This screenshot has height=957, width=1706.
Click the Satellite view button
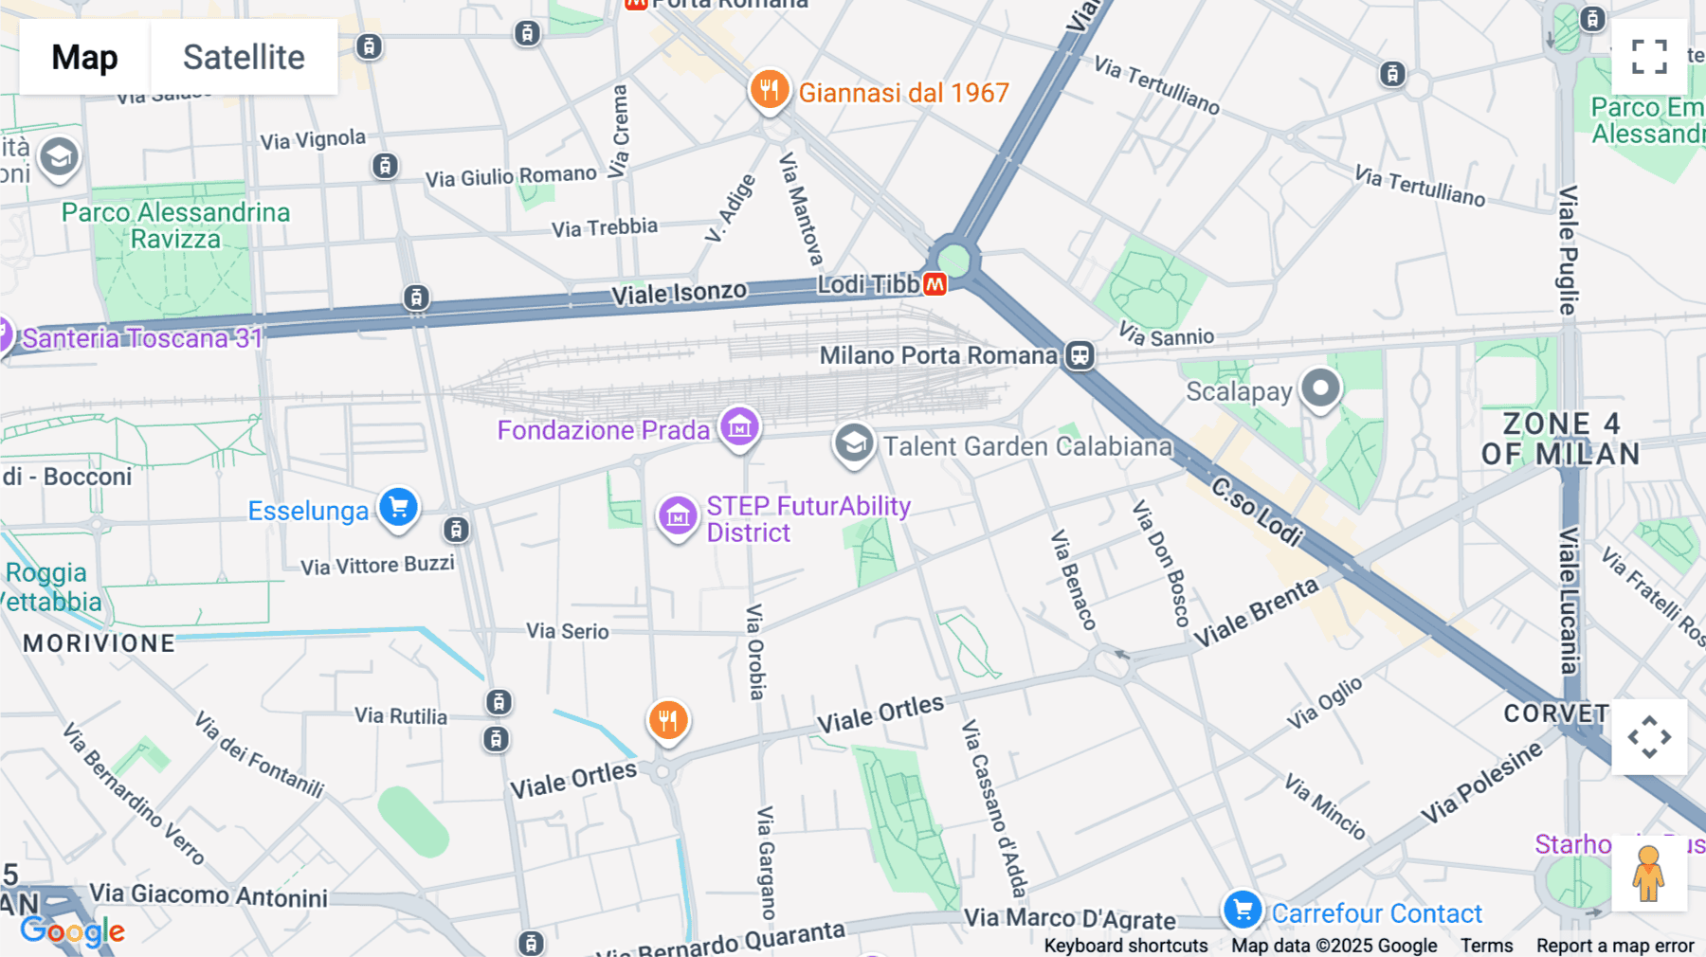pos(244,57)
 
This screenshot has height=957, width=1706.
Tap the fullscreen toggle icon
pos(1649,57)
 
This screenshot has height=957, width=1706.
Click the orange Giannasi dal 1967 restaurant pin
pos(770,90)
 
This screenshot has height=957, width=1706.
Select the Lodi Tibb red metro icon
pos(935,284)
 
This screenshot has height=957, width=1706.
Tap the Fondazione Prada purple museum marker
pos(739,427)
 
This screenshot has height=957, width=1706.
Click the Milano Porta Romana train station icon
pos(1080,355)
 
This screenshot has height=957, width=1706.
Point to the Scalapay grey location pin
pos(1320,388)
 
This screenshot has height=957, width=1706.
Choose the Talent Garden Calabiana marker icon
pos(853,443)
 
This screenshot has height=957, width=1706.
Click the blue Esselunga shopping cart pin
pos(398,507)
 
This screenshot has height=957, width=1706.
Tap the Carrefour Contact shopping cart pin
pos(1242,911)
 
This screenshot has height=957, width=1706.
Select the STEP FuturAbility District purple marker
pos(678,517)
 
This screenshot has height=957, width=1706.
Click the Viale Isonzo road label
pos(679,294)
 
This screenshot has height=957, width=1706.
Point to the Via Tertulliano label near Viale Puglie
pos(1419,186)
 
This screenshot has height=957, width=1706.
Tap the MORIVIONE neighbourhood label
pos(100,643)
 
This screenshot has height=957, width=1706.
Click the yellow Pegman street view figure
pos(1648,873)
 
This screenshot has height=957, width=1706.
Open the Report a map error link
pos(1615,946)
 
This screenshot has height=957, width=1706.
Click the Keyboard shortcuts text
pos(1125,946)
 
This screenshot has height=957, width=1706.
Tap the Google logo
pos(72,931)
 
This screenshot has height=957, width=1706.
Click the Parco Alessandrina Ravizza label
pos(175,226)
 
